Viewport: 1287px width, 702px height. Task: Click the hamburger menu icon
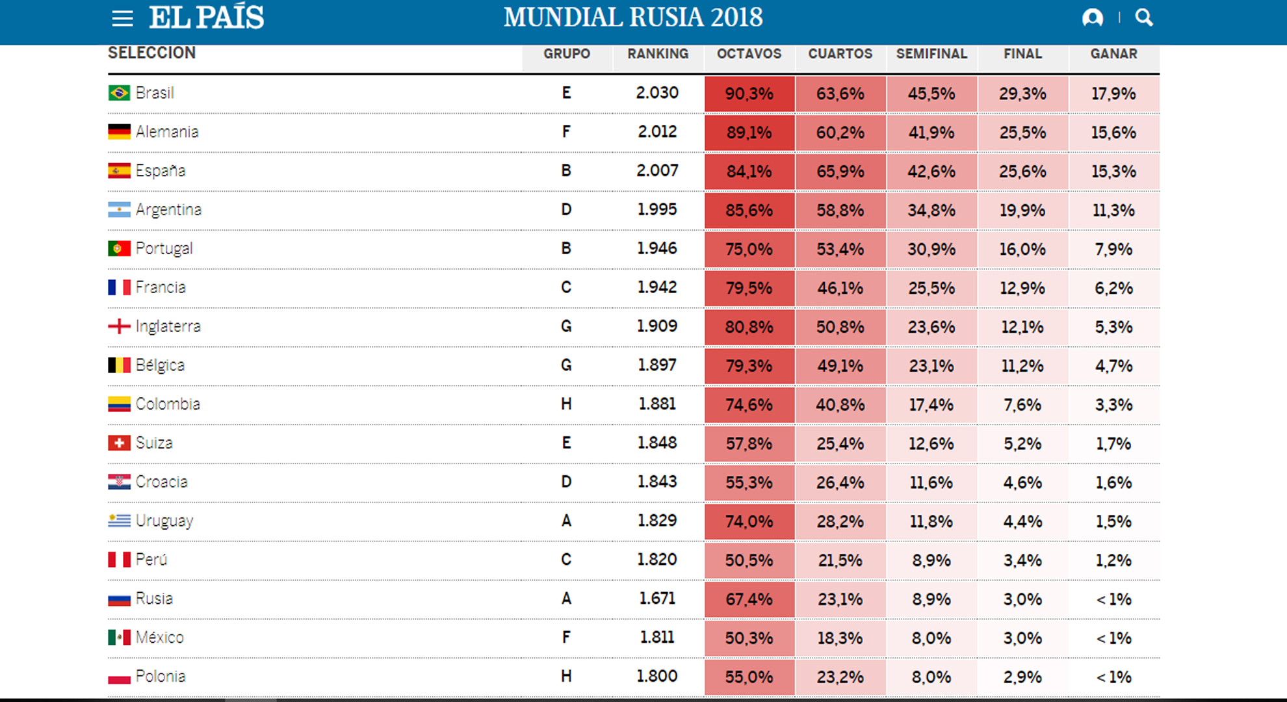[122, 18]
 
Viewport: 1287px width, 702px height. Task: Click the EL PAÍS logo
[206, 18]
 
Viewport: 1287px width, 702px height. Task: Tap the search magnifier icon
[1144, 18]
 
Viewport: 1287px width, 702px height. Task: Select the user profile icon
[1093, 18]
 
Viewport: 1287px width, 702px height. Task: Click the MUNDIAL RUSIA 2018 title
[633, 18]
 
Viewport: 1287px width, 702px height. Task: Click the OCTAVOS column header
[749, 54]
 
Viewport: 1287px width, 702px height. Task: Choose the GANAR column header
[1113, 54]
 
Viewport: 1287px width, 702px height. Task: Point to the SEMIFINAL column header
[931, 54]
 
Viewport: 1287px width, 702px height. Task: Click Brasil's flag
[119, 93]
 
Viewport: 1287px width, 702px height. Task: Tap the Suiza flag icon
[119, 443]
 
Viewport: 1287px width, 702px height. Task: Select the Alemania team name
[167, 132]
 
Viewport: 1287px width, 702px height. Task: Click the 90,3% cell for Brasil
[749, 94]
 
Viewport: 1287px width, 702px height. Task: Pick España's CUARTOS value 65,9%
[840, 172]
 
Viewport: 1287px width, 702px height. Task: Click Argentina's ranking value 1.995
[657, 209]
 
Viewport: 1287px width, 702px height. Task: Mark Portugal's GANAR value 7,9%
[1113, 249]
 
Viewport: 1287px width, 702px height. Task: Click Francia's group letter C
[566, 287]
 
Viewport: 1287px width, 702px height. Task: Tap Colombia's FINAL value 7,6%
[1022, 405]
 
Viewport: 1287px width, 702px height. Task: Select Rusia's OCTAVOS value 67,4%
[749, 599]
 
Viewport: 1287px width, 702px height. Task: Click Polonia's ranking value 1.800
[657, 676]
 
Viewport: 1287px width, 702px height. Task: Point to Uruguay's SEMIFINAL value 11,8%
[931, 521]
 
